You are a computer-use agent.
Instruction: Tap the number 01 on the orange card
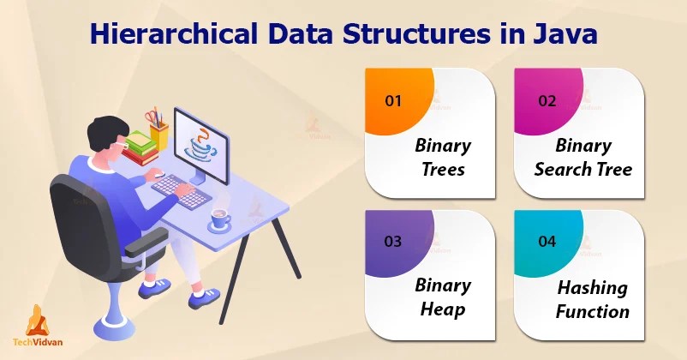point(393,100)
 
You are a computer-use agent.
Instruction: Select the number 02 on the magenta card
point(547,100)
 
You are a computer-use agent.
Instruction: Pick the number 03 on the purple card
point(393,241)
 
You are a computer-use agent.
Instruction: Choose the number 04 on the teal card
point(547,241)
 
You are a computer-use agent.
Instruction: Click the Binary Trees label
point(442,157)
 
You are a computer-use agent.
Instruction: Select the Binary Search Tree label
point(582,157)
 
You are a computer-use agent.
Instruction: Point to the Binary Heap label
point(442,297)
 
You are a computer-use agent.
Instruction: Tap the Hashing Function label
point(591,298)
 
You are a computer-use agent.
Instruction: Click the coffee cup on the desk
point(220,219)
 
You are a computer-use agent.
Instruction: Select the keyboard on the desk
point(181,190)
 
